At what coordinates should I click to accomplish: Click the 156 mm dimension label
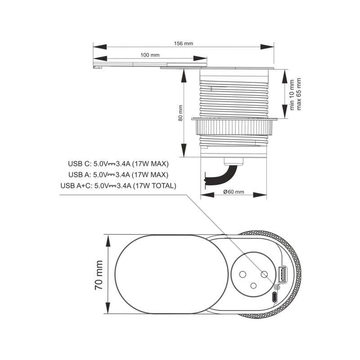click(x=183, y=44)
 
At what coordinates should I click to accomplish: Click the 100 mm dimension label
click(x=150, y=55)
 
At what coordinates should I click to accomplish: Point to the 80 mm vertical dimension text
click(x=180, y=113)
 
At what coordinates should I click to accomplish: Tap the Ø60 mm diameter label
click(x=234, y=192)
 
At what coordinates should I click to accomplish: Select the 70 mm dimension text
click(x=99, y=274)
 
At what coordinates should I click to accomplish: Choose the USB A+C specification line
click(x=118, y=185)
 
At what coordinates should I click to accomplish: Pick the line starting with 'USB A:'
click(x=118, y=175)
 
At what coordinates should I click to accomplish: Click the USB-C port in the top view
click(x=274, y=297)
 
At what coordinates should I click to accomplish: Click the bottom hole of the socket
click(x=253, y=286)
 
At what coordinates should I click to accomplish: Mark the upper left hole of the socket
click(x=242, y=274)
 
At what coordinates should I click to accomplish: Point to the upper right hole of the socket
click(x=265, y=274)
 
